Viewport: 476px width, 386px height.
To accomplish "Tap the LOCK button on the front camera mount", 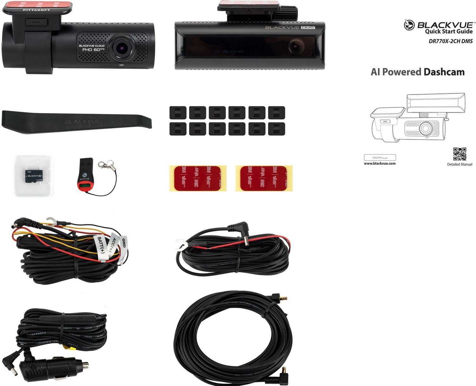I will [36, 23].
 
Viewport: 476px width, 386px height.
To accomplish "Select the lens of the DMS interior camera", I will [295, 47].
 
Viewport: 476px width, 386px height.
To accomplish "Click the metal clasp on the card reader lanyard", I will [102, 164].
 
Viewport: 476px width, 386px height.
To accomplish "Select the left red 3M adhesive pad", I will [198, 178].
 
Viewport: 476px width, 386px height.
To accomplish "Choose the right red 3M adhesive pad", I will [264, 178].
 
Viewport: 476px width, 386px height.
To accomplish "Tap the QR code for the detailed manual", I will [459, 154].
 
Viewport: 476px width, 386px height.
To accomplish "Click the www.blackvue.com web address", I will [380, 164].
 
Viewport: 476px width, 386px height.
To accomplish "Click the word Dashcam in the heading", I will [444, 72].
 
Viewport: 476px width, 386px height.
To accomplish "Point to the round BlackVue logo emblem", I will [409, 25].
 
